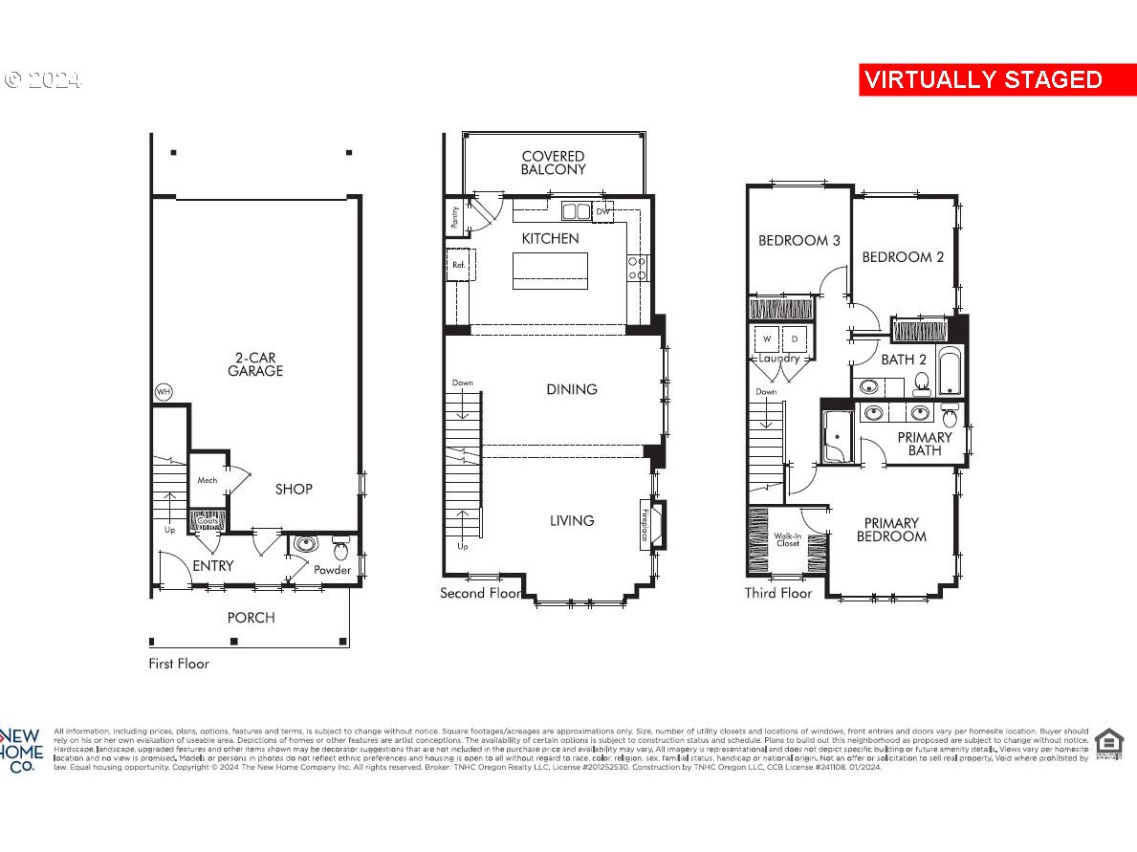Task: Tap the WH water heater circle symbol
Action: [164, 392]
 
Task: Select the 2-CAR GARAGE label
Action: [255, 364]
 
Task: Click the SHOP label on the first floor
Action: [294, 489]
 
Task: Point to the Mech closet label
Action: [208, 480]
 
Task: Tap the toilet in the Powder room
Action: [341, 549]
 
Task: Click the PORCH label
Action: [251, 618]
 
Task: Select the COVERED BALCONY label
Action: [553, 163]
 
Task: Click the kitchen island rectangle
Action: [550, 270]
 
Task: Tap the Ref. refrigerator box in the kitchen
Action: [459, 265]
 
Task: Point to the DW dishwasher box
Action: [602, 212]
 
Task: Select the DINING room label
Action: [572, 389]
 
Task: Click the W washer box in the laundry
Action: [767, 339]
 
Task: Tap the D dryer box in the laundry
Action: [795, 339]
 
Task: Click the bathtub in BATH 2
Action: [951, 374]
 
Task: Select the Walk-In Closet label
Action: [787, 540]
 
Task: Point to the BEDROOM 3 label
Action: [798, 240]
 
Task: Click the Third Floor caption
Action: [778, 593]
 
